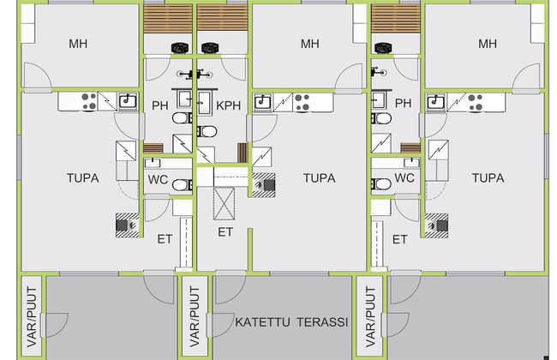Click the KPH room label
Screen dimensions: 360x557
coord(228,105)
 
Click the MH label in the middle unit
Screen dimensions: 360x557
coord(310,44)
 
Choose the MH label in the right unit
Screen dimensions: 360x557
coord(488,44)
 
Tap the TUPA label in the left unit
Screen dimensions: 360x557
coord(83,179)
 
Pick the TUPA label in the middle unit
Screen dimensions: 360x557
coord(319,179)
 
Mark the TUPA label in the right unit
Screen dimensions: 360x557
coord(488,179)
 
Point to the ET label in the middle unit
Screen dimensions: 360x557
coord(225,231)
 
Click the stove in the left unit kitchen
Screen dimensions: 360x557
coord(89,102)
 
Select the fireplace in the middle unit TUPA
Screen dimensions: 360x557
coord(262,182)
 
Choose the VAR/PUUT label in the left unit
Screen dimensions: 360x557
coord(33,318)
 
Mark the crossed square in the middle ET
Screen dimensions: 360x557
coord(225,203)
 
